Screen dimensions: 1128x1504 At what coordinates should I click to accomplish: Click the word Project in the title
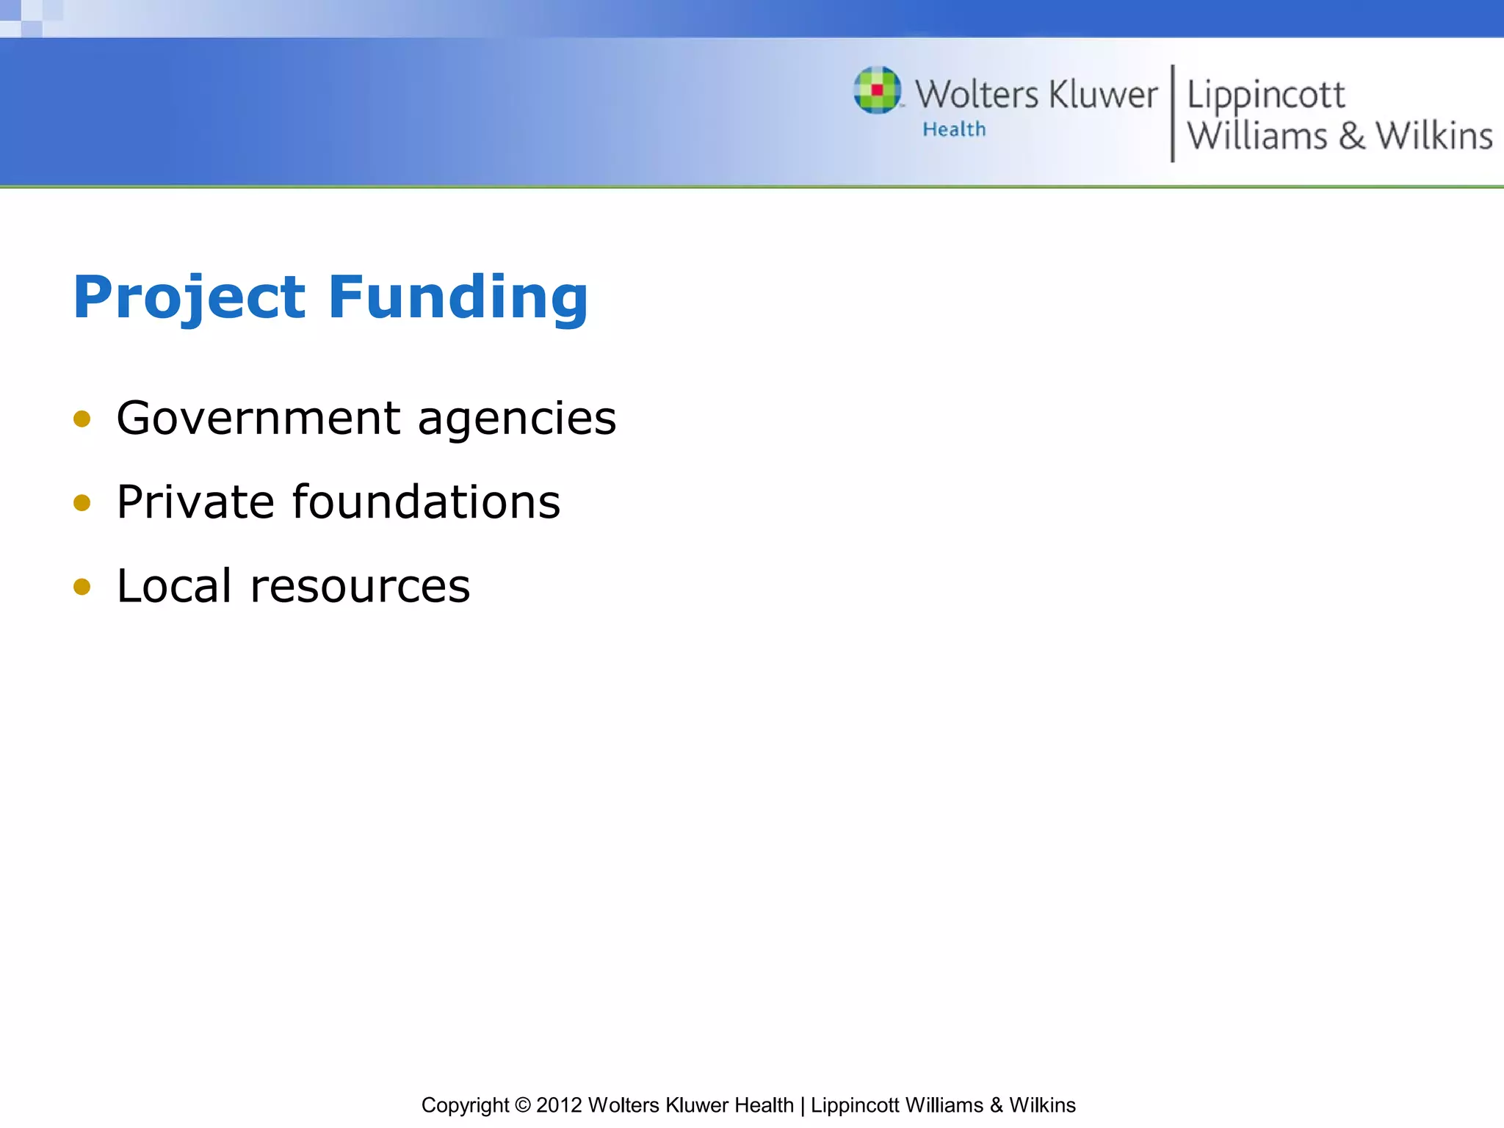(x=189, y=297)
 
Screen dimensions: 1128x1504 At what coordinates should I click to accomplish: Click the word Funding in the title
(x=458, y=297)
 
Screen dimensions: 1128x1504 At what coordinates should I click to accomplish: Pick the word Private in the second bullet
(x=195, y=502)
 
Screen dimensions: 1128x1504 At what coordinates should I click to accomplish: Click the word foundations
(x=426, y=502)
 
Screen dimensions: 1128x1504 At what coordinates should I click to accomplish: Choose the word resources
(x=360, y=587)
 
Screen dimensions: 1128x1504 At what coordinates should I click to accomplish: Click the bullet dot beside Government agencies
(x=82, y=419)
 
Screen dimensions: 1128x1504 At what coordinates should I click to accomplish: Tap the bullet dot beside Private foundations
(x=82, y=503)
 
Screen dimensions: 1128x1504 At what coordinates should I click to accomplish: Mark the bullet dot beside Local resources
(x=82, y=587)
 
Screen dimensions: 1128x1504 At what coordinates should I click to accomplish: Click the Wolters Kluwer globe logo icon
(x=877, y=90)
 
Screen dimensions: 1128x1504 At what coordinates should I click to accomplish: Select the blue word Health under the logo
(x=954, y=129)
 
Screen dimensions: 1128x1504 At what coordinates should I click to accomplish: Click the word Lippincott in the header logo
(x=1266, y=95)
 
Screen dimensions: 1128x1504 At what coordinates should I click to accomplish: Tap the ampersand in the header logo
(x=1351, y=137)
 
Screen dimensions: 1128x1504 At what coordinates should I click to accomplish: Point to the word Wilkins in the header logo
(x=1434, y=137)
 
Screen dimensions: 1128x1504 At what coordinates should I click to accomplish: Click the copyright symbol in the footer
(x=523, y=1105)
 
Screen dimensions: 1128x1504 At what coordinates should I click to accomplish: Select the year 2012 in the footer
(x=559, y=1105)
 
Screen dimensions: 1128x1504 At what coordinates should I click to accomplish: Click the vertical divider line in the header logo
(x=1172, y=113)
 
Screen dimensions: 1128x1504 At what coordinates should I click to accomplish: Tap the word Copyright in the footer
(x=465, y=1105)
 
